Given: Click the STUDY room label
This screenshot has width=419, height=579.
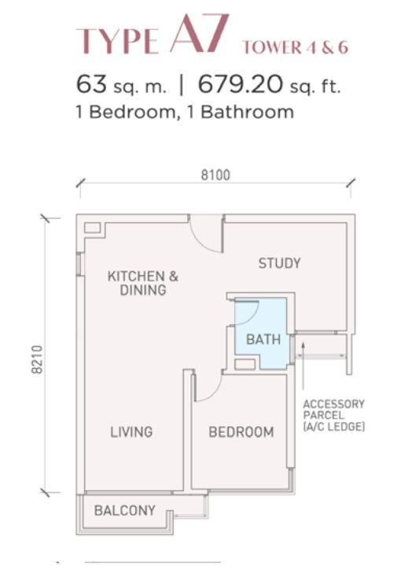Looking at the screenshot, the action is point(279,264).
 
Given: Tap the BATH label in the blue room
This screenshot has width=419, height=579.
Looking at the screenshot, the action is point(263,339).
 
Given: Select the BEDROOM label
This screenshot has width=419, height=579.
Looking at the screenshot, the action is point(241,432).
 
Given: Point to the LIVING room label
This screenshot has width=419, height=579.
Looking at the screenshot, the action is point(131,432).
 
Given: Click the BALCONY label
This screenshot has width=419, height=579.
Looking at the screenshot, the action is point(125,511).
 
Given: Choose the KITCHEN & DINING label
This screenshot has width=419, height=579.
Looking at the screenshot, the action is point(143,283).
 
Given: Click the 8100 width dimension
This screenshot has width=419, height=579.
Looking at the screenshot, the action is point(215,175).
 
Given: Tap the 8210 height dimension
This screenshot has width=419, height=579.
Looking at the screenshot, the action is point(37,360).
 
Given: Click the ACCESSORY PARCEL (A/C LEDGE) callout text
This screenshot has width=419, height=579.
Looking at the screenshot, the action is point(334,415).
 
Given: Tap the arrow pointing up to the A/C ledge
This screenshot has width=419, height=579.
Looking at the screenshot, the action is point(303,366).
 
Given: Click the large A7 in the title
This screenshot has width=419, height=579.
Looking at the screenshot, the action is point(198,34).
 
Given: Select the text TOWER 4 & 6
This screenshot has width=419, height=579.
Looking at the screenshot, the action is point(295,47).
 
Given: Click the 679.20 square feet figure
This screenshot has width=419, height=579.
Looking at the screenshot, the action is point(240,84).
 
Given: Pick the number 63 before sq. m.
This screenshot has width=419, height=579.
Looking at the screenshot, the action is point(91,84).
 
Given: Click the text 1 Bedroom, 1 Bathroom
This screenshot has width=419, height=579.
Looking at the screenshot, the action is point(185,112).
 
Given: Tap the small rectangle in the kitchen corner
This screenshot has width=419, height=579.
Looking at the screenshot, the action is point(92,227).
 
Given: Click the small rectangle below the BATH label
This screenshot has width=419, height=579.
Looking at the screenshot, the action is point(245,364).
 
